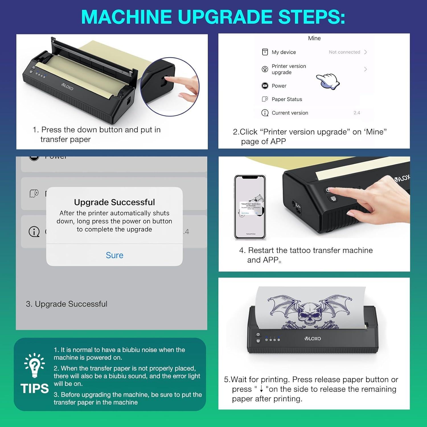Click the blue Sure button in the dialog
[x=114, y=255]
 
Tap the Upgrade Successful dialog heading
[x=114, y=202]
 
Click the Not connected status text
[x=344, y=52]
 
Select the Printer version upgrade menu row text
[x=289, y=69]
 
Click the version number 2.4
[x=357, y=113]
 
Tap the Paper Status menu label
[x=287, y=99]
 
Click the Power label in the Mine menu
[x=279, y=86]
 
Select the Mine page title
[x=314, y=38]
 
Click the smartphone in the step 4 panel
[x=250, y=207]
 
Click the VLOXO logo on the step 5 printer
[x=313, y=338]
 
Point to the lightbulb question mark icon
[x=34, y=365]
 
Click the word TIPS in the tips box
[x=35, y=389]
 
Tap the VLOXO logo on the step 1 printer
[x=68, y=87]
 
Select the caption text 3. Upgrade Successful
[x=67, y=304]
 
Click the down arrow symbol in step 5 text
[x=261, y=389]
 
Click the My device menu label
[x=284, y=52]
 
